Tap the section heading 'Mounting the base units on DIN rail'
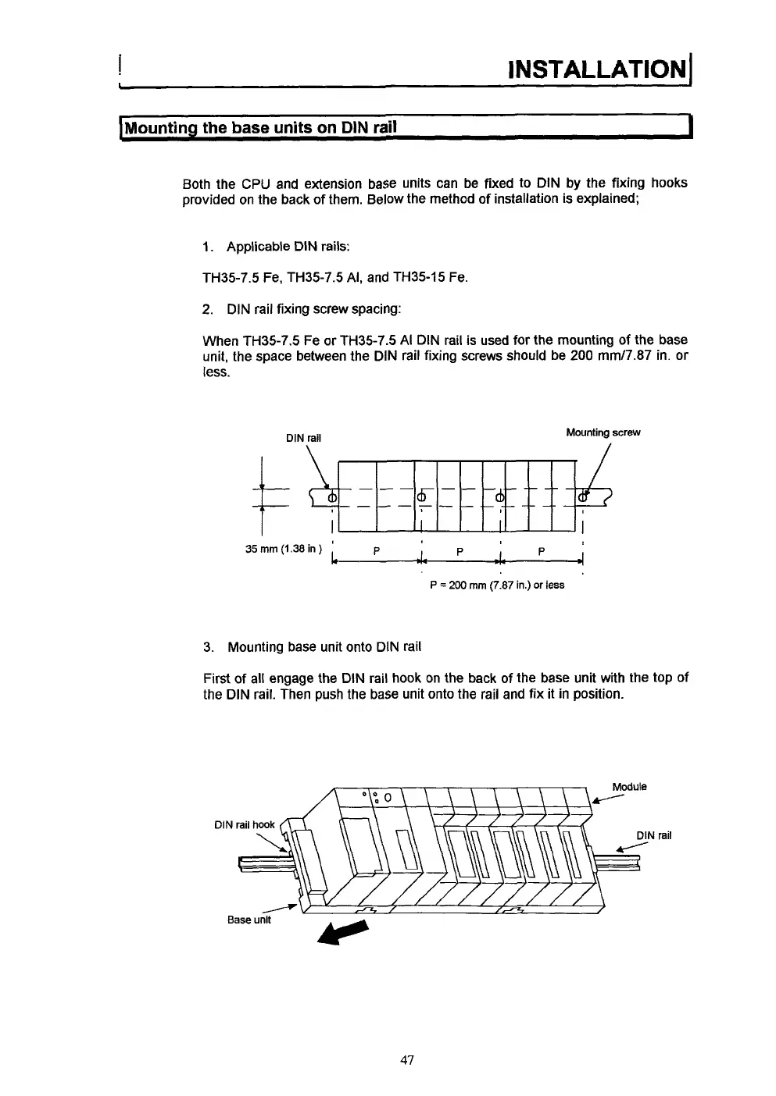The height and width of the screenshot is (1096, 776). (263, 126)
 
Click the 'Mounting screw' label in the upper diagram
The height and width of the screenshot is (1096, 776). (603, 432)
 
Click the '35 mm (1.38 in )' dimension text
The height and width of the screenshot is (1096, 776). (281, 547)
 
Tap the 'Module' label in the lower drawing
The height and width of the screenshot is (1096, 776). (630, 787)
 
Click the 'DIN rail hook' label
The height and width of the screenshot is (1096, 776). (245, 824)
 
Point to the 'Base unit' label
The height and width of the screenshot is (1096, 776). (249, 920)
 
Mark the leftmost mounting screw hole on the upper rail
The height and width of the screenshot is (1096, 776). (331, 496)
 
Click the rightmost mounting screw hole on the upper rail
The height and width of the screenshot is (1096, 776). (583, 496)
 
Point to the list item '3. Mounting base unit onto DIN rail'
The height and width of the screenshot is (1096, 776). (312, 647)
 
